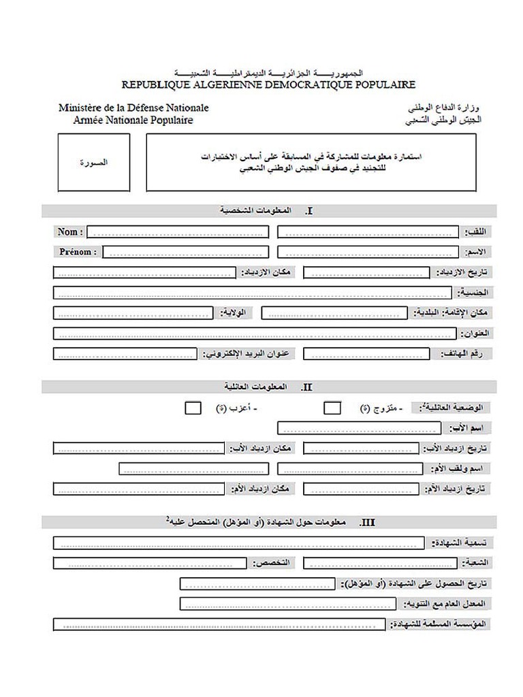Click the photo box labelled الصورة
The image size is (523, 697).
(x=93, y=163)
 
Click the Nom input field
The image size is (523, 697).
(x=177, y=232)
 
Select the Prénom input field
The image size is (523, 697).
(x=185, y=252)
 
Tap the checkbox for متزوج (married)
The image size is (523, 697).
(x=332, y=408)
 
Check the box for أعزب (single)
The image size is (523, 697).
(x=193, y=408)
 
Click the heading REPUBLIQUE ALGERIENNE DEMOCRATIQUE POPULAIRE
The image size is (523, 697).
(x=268, y=85)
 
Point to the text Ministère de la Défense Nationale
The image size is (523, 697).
(x=133, y=108)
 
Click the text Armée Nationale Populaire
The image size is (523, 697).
(x=133, y=120)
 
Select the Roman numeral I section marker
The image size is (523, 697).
(x=310, y=212)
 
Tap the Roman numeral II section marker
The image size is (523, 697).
(x=306, y=387)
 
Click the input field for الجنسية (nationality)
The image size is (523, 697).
(x=252, y=293)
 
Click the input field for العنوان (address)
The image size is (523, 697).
(x=253, y=334)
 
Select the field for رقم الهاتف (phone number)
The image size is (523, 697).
(x=366, y=354)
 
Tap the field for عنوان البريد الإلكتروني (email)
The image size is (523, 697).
(x=125, y=354)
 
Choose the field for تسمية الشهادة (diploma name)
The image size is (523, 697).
(x=239, y=543)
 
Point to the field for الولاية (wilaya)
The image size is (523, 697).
(x=132, y=313)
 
